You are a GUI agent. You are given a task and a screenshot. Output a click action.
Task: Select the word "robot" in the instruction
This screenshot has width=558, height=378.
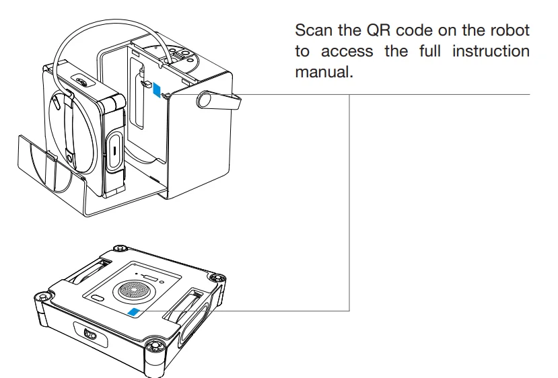(x=510, y=32)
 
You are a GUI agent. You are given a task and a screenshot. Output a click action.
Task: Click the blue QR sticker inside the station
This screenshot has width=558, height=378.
(x=157, y=89)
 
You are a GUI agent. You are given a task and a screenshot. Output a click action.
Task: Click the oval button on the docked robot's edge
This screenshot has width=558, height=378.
(x=114, y=149)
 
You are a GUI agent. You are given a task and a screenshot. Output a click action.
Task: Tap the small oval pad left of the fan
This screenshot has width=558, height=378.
(x=98, y=297)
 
